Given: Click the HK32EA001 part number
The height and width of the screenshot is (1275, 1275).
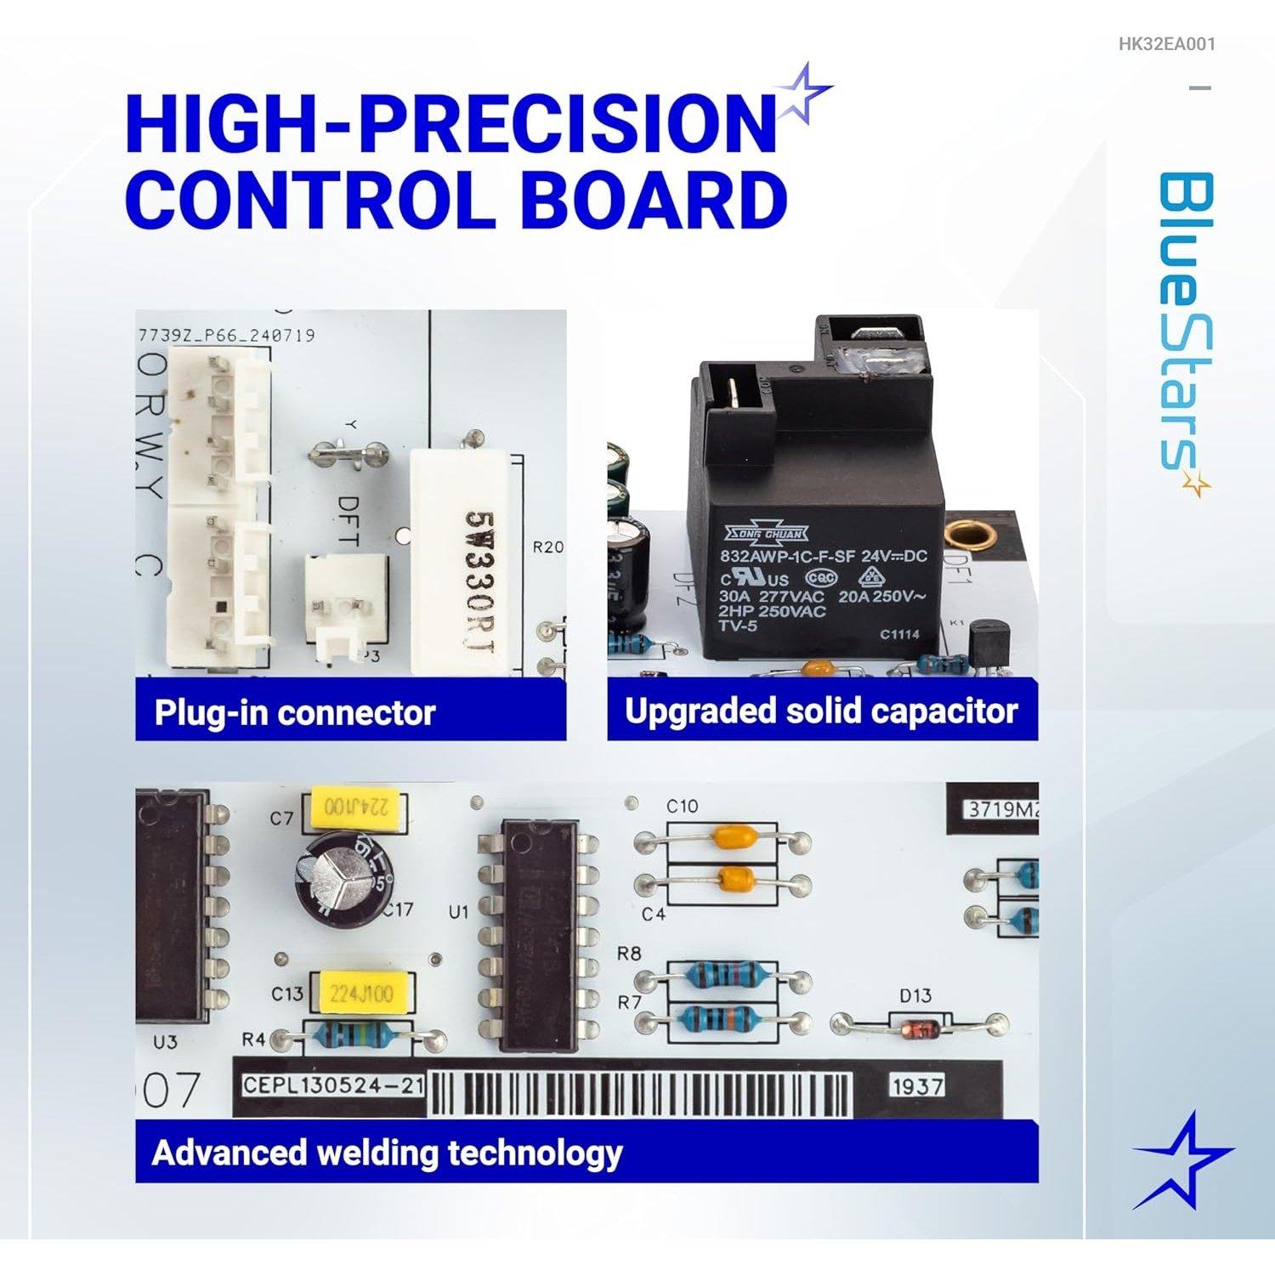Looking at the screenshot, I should coord(1166,42).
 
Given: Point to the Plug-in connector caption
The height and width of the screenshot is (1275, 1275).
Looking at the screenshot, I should coord(294,712).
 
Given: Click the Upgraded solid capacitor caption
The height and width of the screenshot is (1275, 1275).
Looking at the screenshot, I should coord(821,711).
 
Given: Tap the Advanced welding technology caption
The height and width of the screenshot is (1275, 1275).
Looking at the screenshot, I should coord(387,1153).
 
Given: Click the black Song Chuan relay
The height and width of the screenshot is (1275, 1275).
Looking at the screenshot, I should coord(816,510).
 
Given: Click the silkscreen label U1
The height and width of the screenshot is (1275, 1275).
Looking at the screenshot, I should coord(459,913).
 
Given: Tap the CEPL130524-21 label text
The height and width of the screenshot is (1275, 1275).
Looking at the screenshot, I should coord(333,1085).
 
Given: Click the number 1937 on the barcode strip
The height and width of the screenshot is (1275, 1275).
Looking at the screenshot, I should coord(916,1086).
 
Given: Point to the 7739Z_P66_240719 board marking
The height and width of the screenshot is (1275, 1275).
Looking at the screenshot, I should coord(226,335).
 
